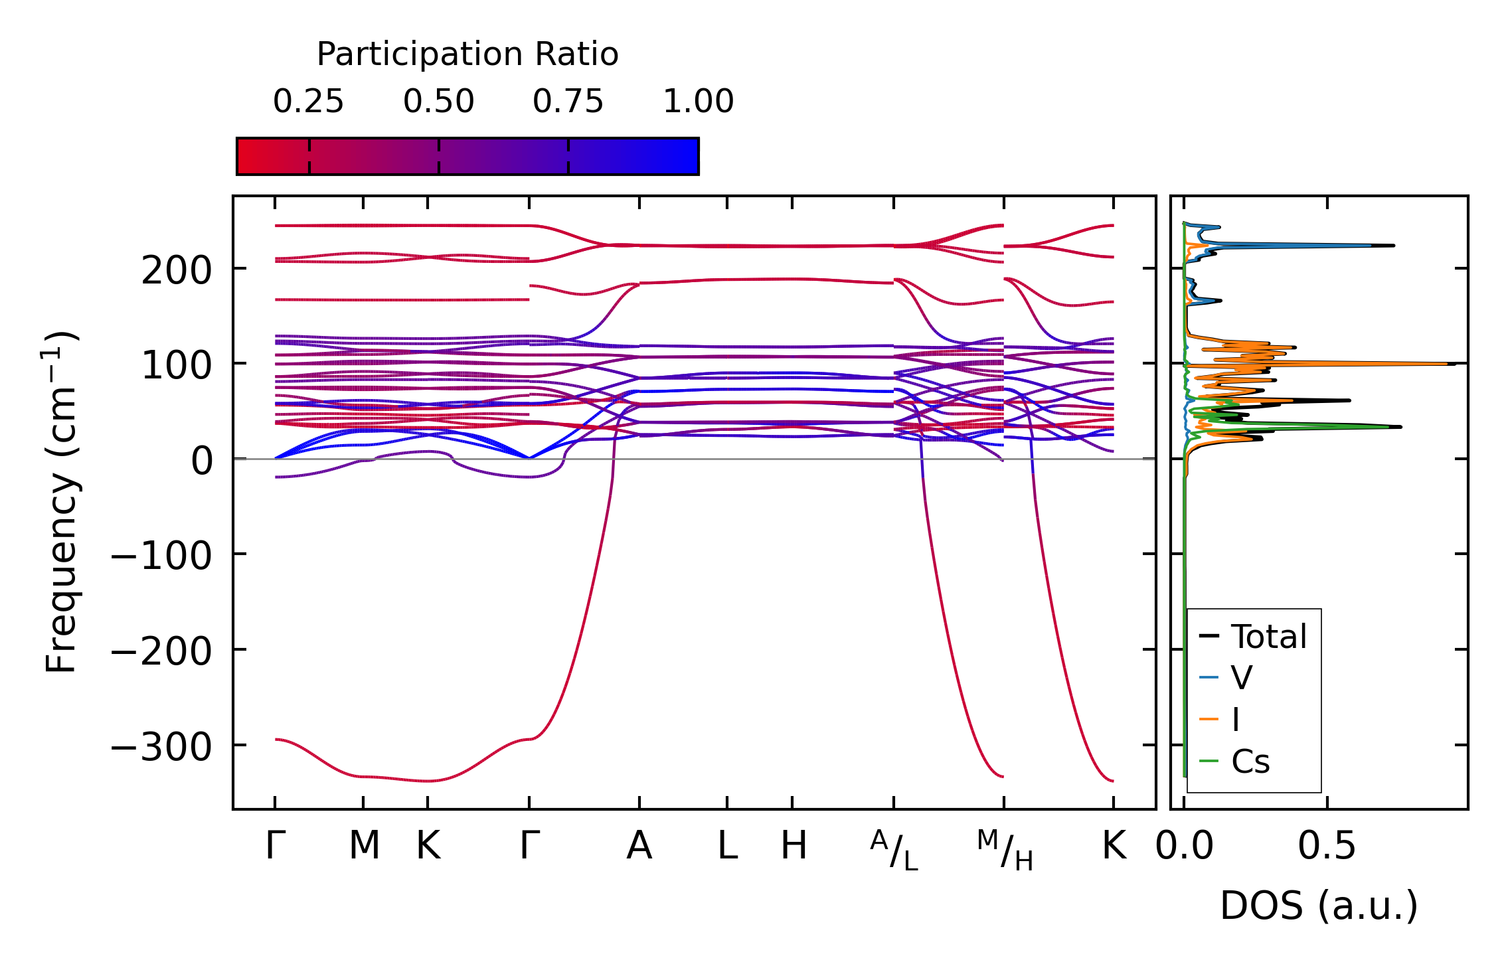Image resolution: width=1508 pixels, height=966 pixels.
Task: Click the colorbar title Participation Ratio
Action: (467, 54)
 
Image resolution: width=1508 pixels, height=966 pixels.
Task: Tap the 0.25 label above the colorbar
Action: (308, 102)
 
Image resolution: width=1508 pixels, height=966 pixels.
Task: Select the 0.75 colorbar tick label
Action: (568, 102)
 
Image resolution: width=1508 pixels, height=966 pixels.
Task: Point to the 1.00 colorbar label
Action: (698, 102)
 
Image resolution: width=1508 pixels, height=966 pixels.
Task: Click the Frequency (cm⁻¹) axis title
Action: (61, 502)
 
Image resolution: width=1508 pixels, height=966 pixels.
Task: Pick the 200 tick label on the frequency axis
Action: (176, 271)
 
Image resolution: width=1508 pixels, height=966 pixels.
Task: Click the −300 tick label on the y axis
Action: (161, 748)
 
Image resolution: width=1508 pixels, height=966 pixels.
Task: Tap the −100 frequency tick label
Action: (161, 556)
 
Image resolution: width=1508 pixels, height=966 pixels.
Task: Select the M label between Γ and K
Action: (364, 846)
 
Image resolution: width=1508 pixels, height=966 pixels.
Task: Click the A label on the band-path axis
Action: (639, 846)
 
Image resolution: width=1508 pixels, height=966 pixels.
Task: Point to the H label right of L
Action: (794, 846)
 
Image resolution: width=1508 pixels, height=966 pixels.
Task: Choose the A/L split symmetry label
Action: (894, 850)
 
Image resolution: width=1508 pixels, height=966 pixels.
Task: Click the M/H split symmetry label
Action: (1005, 850)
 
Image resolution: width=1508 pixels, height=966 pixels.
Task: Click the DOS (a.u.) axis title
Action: (1319, 906)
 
